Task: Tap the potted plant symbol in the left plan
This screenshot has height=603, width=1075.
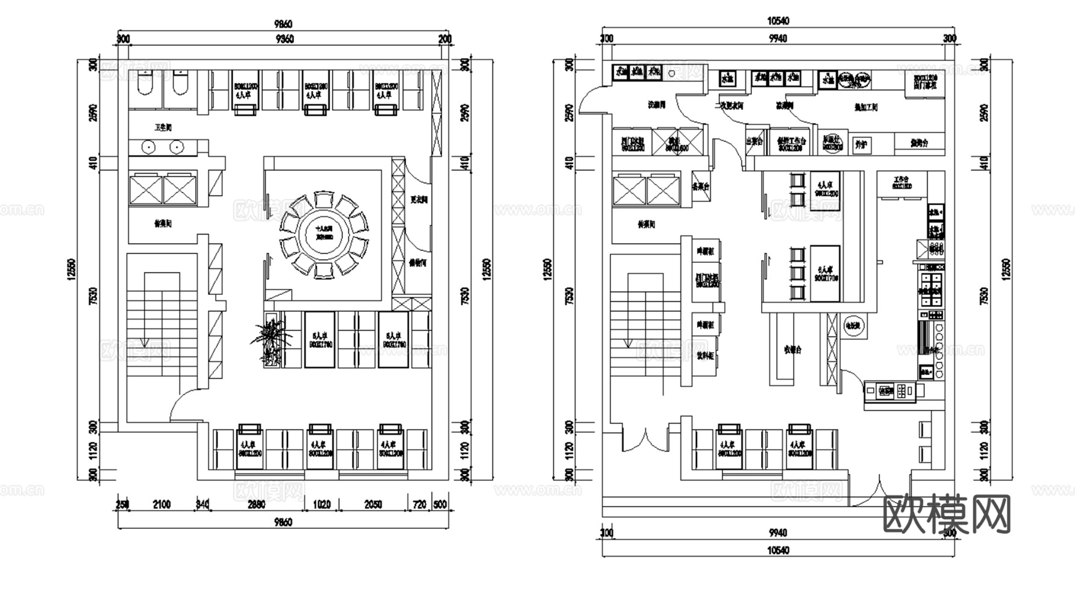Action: click(x=271, y=342)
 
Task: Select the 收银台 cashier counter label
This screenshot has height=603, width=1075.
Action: click(x=792, y=350)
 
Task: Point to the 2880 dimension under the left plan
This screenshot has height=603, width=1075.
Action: click(x=256, y=504)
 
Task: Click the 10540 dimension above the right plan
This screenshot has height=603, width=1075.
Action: click(x=778, y=21)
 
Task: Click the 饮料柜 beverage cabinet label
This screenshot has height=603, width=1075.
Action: click(x=705, y=356)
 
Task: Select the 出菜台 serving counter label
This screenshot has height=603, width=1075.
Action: click(x=754, y=142)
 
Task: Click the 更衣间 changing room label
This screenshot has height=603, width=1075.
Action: click(x=419, y=200)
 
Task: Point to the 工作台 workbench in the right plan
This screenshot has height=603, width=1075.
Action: click(x=901, y=183)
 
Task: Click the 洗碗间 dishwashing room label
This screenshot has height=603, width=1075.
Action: click(x=656, y=105)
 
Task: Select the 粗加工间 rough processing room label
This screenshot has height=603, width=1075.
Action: click(x=866, y=107)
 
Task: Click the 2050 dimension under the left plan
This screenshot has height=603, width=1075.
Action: click(x=373, y=504)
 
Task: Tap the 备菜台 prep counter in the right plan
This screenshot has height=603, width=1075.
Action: click(x=700, y=187)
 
